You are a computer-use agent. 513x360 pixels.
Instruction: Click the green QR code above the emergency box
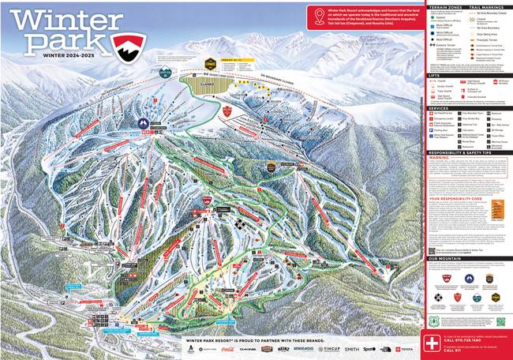click(500, 321)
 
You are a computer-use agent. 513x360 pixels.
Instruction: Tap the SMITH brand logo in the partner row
click(351, 348)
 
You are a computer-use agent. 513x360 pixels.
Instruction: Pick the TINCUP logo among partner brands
click(329, 348)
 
